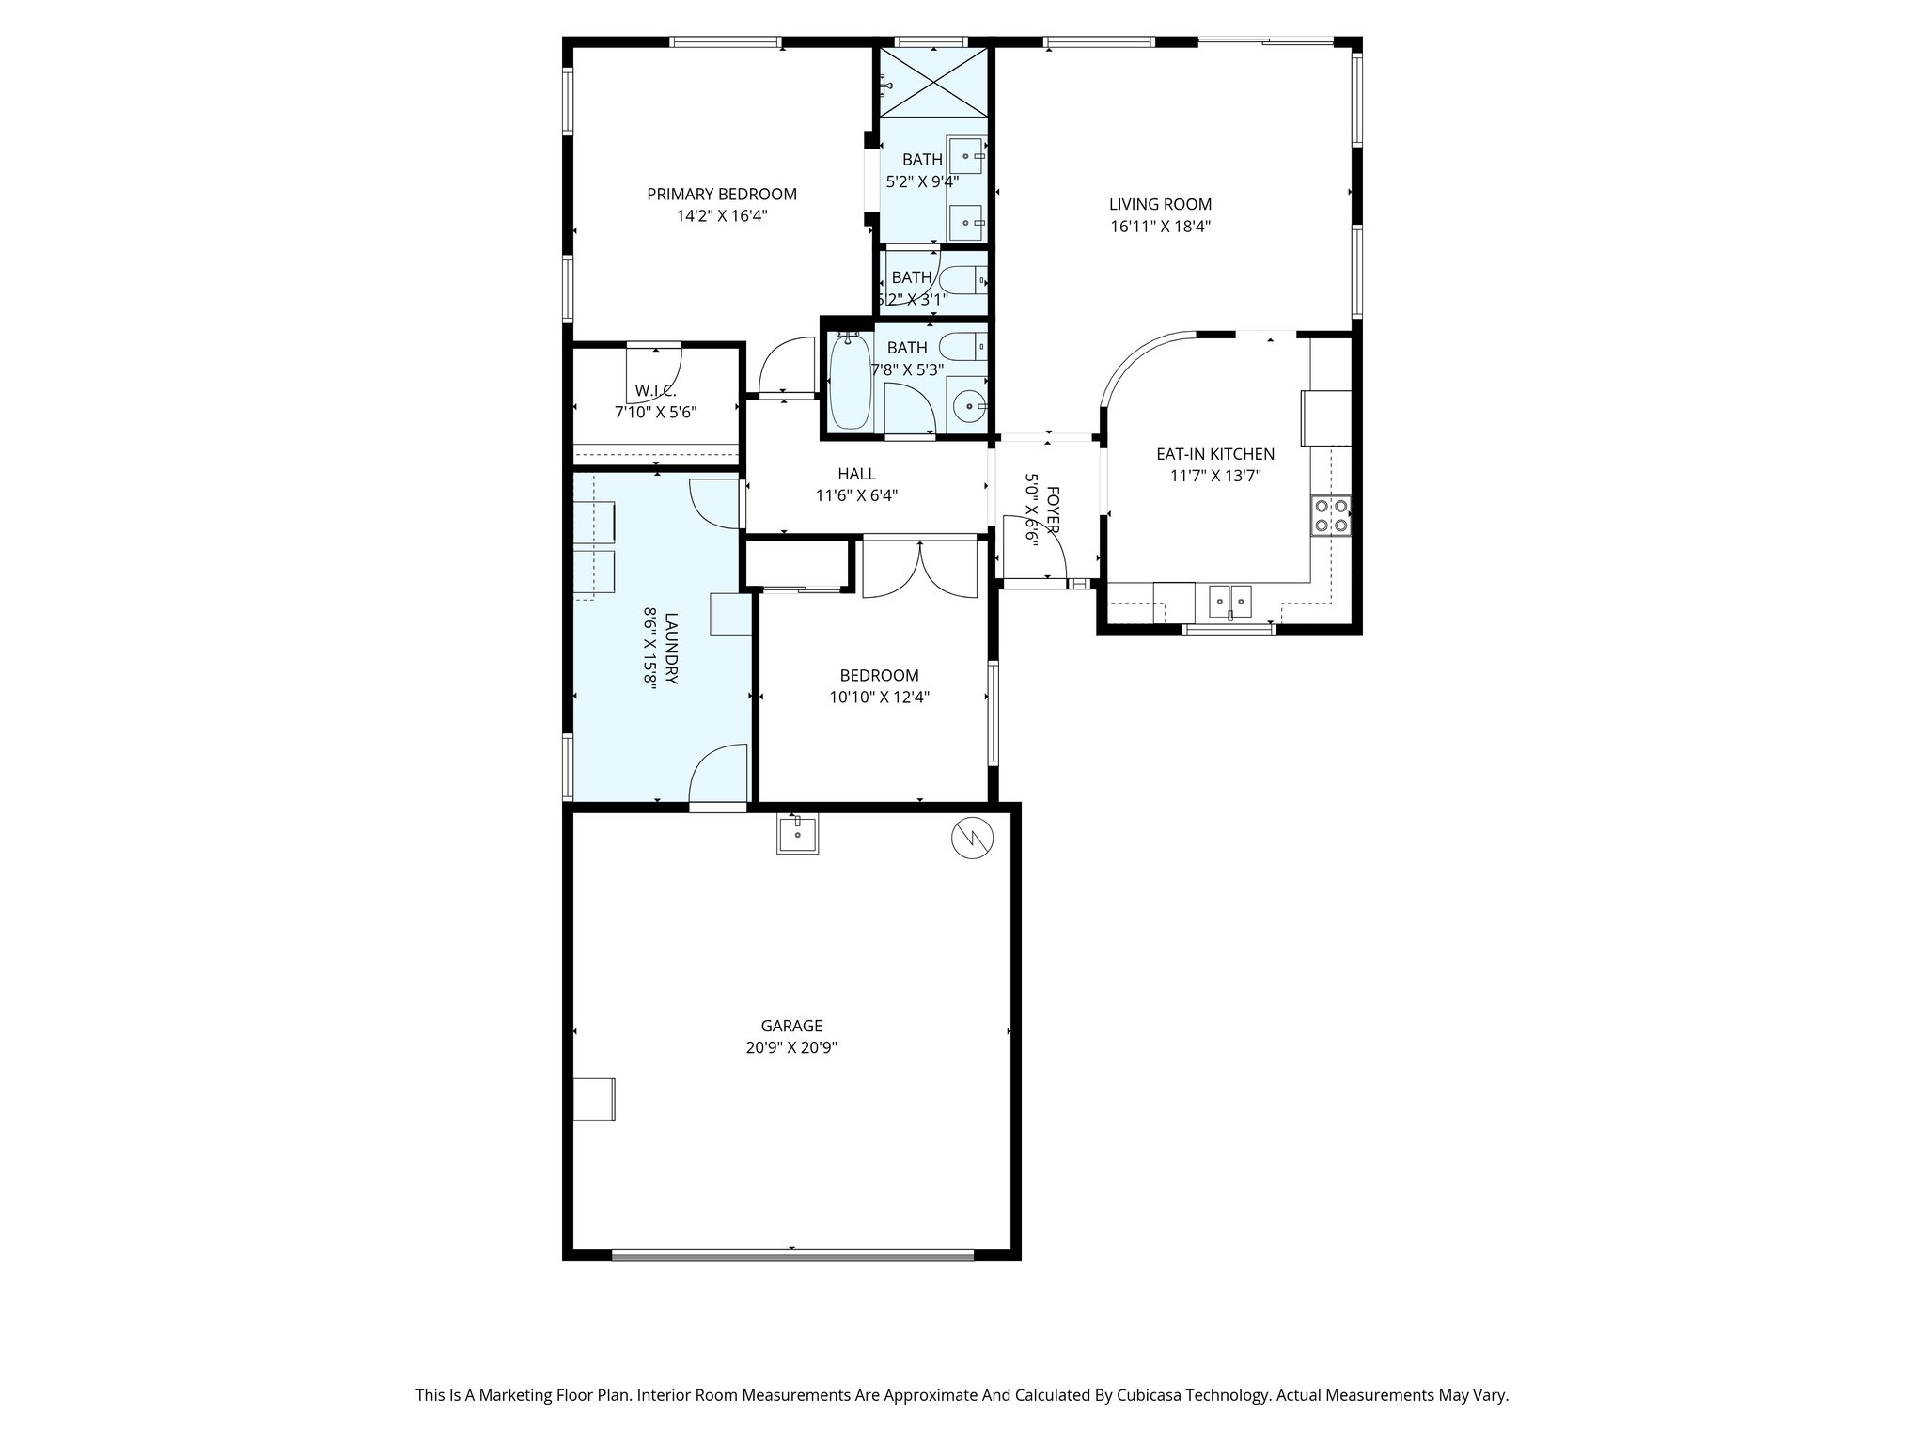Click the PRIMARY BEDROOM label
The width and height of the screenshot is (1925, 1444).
coord(721,195)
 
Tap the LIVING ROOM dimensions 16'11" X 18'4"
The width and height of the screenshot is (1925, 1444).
coord(1160,226)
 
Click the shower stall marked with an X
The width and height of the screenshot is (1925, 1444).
coord(932,83)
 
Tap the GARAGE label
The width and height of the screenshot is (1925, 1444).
coord(791,1026)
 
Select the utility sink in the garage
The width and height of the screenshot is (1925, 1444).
coord(797,833)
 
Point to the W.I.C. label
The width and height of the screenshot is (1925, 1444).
coord(655,390)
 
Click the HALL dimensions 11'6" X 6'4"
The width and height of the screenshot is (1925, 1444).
coord(856,495)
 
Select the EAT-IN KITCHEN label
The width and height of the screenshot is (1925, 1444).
coord(1214,454)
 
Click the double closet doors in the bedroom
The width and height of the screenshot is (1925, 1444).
coord(920,568)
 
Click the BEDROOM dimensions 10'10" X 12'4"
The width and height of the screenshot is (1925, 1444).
coord(879,698)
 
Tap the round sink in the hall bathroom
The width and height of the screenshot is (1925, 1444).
coord(966,407)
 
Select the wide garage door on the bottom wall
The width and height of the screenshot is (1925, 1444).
coord(792,1254)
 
